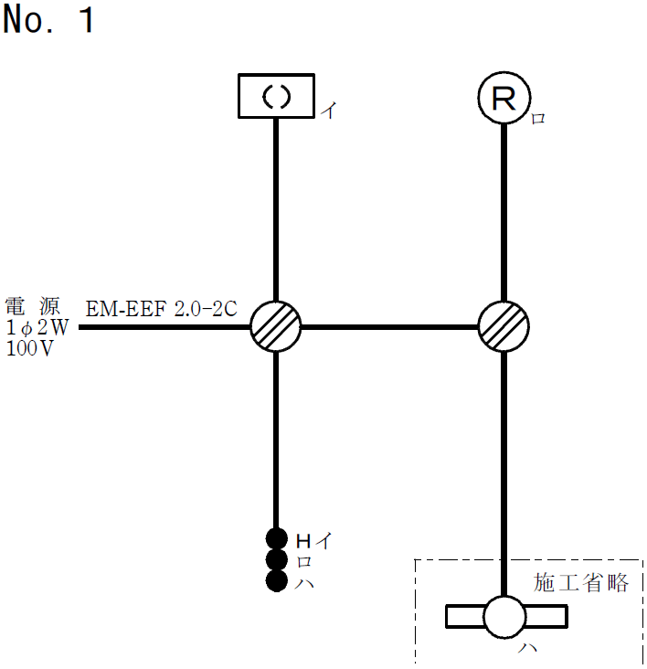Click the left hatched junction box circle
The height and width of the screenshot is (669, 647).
(276, 326)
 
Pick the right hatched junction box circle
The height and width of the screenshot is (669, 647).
(504, 326)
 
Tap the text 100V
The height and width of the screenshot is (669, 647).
(29, 348)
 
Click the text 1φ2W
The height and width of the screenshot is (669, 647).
(37, 327)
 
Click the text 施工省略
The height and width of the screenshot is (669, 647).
(581, 583)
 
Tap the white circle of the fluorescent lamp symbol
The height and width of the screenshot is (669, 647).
(504, 617)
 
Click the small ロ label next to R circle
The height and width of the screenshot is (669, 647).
(538, 119)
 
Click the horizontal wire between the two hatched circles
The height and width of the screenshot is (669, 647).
(390, 326)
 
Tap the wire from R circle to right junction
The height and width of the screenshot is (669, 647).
(504, 210)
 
